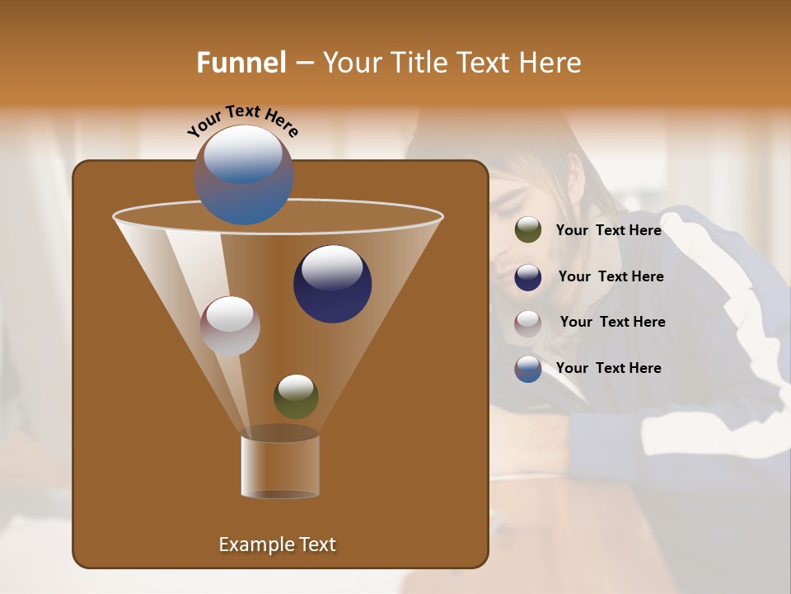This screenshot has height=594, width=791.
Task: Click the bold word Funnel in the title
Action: (x=241, y=63)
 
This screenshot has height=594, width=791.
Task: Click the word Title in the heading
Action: (x=417, y=63)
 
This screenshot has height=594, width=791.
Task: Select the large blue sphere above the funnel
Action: (x=244, y=174)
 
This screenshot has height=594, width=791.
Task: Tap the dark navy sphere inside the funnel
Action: (x=332, y=284)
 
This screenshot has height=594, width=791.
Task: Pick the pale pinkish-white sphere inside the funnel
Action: (x=230, y=326)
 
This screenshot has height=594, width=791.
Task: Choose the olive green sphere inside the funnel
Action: (x=296, y=397)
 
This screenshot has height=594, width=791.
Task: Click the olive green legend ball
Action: (x=528, y=230)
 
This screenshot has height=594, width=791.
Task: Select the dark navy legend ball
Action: (x=528, y=277)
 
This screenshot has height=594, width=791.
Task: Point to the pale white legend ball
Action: (x=528, y=323)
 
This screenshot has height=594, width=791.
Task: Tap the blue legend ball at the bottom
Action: (x=528, y=369)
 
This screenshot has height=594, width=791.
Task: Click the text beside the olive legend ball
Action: (x=608, y=230)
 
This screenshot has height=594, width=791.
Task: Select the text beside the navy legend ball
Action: (x=611, y=276)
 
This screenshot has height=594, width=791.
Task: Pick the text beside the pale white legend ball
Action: (x=612, y=322)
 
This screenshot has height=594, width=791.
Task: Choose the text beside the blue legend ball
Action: (x=608, y=368)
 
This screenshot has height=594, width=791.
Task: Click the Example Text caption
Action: (x=277, y=544)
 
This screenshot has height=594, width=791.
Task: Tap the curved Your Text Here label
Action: (x=242, y=120)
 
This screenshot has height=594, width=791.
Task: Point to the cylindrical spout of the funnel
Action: (x=280, y=466)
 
